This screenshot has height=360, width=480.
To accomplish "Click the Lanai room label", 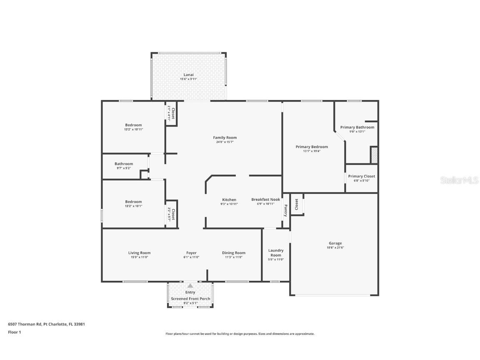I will [189, 75].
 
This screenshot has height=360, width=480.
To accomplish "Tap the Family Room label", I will [225, 137].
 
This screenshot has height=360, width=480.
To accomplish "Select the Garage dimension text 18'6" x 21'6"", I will [335, 247].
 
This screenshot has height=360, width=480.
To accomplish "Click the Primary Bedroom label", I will [312, 147].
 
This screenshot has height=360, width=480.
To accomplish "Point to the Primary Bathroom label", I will [357, 127].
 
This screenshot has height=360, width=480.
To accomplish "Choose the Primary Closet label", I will [361, 176].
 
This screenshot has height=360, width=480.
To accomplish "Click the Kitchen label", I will [229, 200].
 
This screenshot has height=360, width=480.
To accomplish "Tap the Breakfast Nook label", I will [265, 200].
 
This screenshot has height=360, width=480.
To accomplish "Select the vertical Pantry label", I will [285, 210].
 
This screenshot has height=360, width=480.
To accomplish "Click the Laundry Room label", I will [276, 253].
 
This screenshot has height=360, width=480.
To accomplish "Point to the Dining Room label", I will [234, 252].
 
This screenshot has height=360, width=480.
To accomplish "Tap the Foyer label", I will [191, 252].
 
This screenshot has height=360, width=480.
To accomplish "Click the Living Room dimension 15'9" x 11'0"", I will [139, 257].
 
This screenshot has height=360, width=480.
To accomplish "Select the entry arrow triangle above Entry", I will [190, 286].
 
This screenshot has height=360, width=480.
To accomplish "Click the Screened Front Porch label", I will [190, 299].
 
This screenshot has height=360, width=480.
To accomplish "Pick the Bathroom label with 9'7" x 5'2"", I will [124, 164].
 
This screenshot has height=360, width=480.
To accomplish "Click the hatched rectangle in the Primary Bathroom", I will [374, 155].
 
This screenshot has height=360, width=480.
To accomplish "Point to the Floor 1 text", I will [14, 332].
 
